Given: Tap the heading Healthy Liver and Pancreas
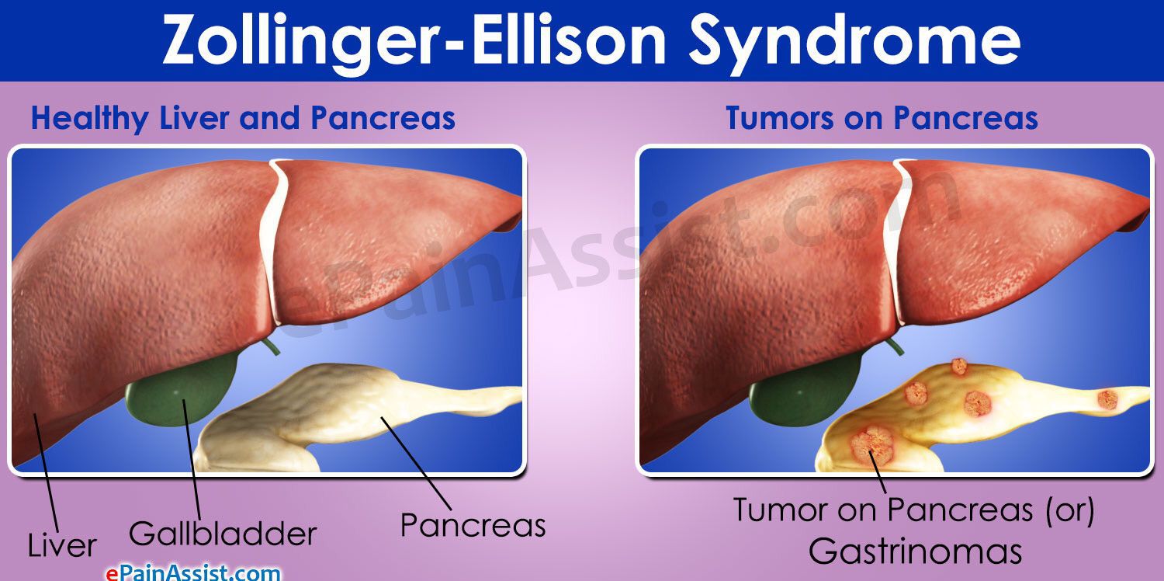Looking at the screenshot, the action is pyautogui.click(x=243, y=118).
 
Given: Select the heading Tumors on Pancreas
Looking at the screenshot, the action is pyautogui.click(x=882, y=117).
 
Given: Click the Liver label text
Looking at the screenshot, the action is pyautogui.click(x=62, y=545).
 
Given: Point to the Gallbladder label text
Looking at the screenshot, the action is pyautogui.click(x=223, y=534).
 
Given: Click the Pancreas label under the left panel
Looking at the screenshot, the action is pyautogui.click(x=473, y=525).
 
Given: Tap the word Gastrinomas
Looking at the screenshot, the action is pyautogui.click(x=915, y=551).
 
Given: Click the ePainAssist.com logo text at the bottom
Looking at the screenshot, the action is pyautogui.click(x=193, y=573).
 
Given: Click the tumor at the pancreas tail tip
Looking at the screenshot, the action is pyautogui.click(x=1107, y=400).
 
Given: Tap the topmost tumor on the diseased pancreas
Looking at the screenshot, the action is pyautogui.click(x=958, y=367).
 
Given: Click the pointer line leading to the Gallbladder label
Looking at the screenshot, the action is pyautogui.click(x=191, y=460).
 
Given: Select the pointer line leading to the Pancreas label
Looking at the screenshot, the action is pyautogui.click(x=416, y=463).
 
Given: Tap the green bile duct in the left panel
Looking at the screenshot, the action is pyautogui.click(x=271, y=346).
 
